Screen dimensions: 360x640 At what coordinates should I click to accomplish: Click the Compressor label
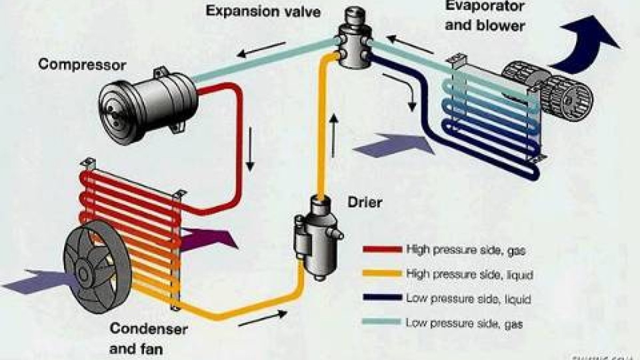[82, 66]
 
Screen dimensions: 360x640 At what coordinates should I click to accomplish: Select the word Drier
[365, 203]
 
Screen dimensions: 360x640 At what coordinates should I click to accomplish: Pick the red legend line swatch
[381, 249]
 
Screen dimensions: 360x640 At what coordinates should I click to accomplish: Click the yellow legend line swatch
[381, 274]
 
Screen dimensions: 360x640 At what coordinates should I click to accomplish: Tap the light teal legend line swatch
[381, 322]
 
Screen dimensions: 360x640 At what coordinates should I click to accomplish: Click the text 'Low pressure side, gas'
[464, 323]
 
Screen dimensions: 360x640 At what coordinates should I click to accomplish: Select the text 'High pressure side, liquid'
[469, 274]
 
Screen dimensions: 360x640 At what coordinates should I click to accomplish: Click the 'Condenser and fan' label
[148, 339]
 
